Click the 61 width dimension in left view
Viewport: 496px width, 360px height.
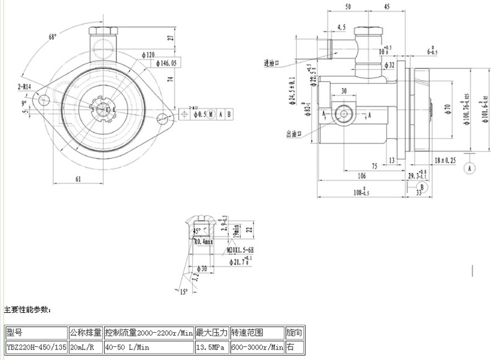click(79, 178)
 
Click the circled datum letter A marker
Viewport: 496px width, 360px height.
click(470, 167)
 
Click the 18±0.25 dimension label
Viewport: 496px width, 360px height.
click(445, 160)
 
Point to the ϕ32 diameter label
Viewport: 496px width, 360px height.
click(389, 64)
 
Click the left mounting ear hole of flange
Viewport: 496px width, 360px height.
click(44, 99)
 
